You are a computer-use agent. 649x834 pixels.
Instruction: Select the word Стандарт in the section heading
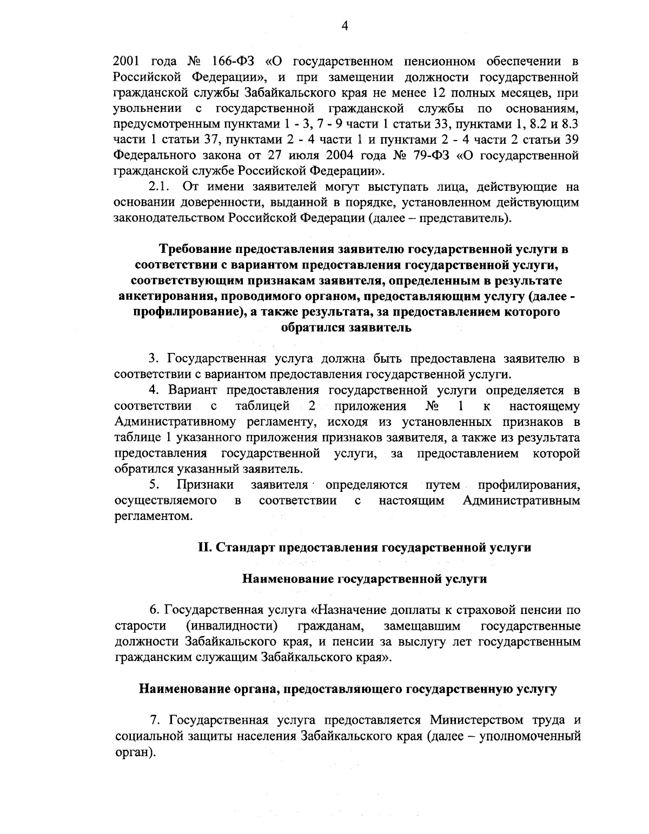244,548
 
